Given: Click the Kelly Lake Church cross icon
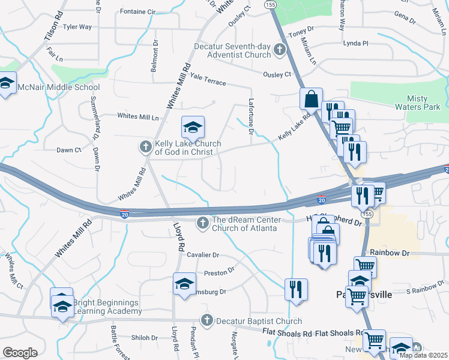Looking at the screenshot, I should coord(145,146).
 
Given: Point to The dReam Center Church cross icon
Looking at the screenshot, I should coord(203,223).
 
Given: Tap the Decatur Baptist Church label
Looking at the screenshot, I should coord(251,320).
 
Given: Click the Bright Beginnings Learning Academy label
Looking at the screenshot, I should coord(106,307).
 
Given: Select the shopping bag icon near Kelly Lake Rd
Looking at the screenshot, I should coord(312,99).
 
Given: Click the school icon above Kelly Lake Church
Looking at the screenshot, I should coord(193,127).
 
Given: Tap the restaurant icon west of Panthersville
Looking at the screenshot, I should coord(296,289).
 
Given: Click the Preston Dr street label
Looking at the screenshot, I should coord(218,273).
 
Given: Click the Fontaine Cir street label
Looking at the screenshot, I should coord(137,11).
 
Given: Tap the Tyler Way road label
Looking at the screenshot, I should coord(77,27).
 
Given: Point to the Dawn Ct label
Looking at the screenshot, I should coord(68,150).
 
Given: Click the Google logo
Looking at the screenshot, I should coord(20,353).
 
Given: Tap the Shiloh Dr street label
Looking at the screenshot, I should coord(145,338).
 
